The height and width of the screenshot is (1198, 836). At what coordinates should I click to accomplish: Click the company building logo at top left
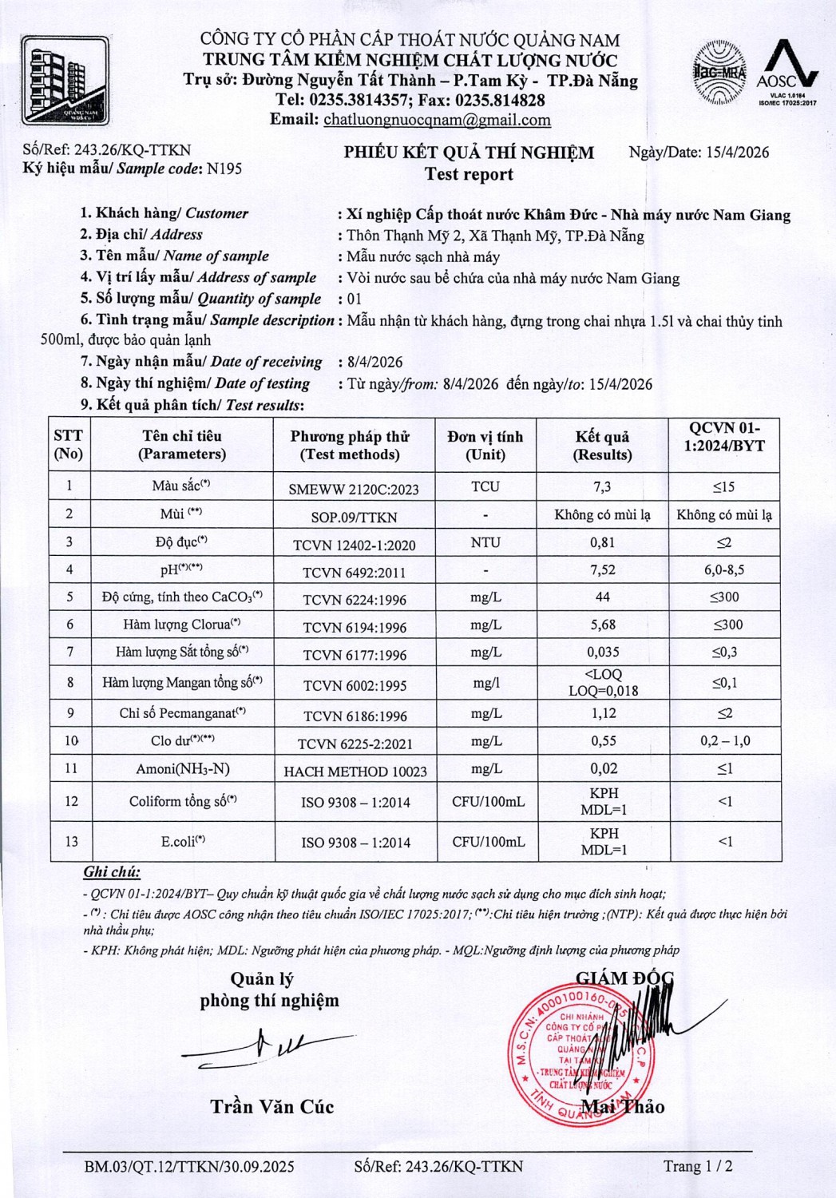(65, 80)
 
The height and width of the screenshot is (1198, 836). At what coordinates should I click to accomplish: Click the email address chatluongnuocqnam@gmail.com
(437, 120)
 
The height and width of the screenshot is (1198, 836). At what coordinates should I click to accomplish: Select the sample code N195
(224, 169)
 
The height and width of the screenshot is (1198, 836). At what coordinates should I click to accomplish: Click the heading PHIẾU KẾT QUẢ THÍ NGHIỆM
(469, 153)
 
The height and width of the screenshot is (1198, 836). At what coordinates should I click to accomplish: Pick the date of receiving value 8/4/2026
(375, 363)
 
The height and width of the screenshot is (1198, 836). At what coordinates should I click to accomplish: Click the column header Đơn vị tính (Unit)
(485, 446)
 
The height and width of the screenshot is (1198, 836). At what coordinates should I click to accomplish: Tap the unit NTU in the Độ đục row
(485, 543)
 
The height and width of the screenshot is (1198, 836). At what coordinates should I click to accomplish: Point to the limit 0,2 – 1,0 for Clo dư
(725, 741)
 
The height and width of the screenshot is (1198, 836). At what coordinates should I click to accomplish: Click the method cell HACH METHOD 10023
(355, 772)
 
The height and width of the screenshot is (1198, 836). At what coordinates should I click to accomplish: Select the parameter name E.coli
(183, 841)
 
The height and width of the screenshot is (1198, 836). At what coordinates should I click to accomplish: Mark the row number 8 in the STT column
(70, 682)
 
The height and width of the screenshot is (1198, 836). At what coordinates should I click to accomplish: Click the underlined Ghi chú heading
(112, 872)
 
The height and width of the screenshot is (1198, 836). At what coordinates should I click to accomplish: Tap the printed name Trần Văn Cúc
(271, 1107)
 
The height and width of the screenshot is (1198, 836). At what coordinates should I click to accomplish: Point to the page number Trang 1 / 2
(698, 1166)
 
